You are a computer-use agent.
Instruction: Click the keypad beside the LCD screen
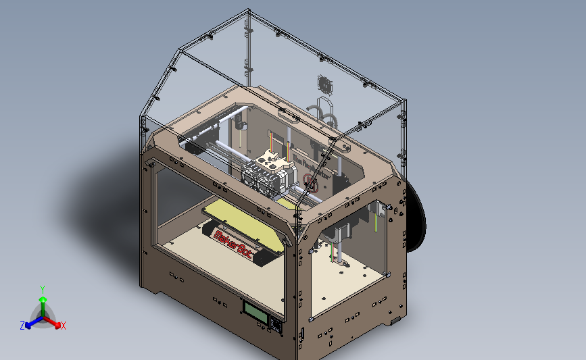276,325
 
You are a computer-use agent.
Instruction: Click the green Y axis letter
42,288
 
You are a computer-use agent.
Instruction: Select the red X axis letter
64,326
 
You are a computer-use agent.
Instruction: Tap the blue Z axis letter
22,326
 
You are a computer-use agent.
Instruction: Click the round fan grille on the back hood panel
326,85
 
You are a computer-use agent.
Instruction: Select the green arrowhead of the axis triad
43,298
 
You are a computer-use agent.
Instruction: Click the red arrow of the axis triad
54,323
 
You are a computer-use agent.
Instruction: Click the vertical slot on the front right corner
301,334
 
